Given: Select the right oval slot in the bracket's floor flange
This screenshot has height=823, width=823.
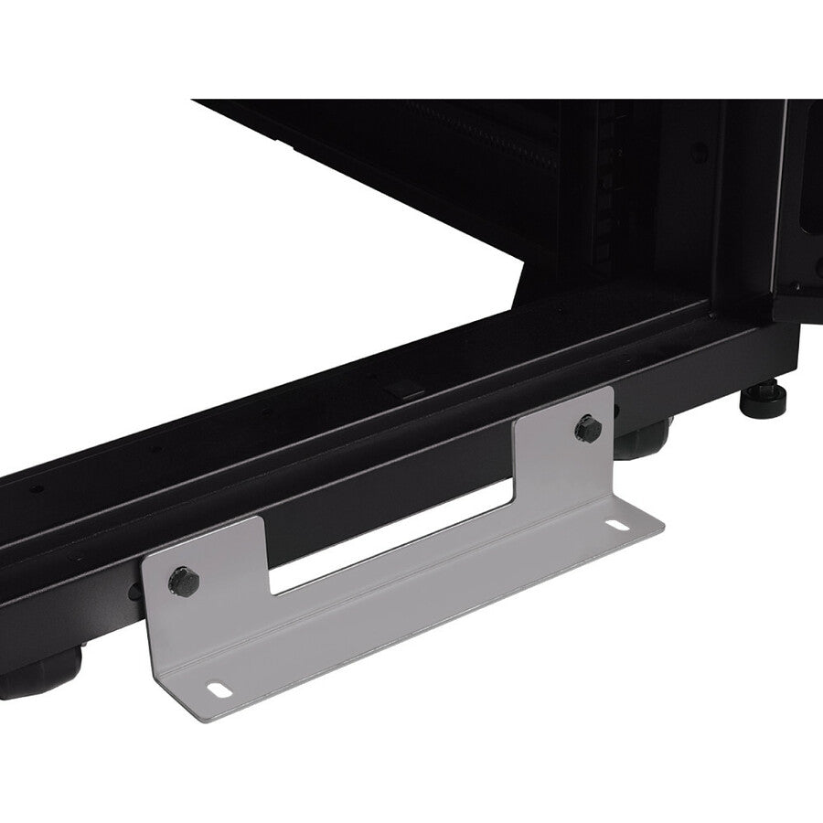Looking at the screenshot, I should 620,528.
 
